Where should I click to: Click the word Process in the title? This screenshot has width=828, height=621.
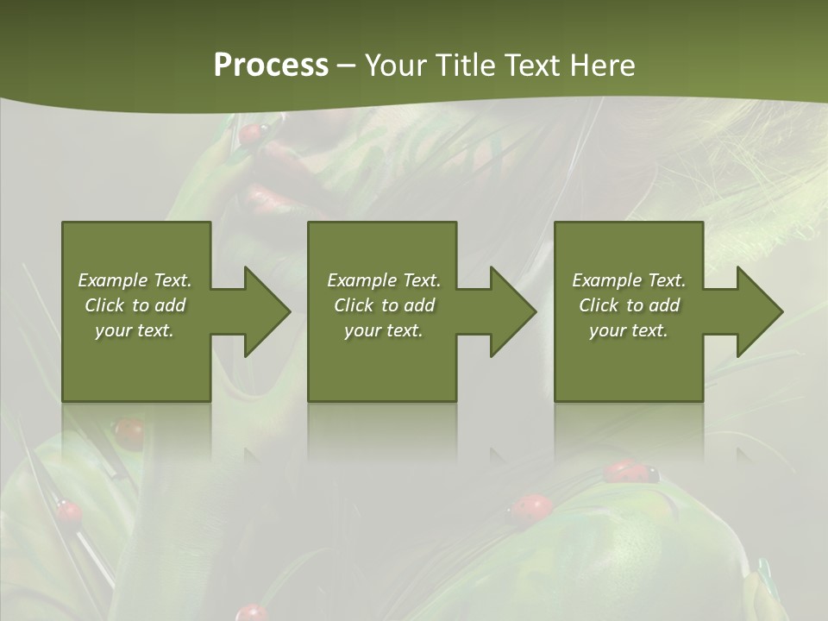[271, 66]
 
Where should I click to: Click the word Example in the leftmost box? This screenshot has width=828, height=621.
[111, 280]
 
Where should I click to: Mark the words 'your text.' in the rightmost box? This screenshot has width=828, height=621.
[628, 330]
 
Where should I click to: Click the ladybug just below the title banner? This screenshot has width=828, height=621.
[252, 133]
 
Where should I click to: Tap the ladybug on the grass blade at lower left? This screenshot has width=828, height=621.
[69, 511]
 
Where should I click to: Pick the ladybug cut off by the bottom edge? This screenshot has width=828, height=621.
[252, 613]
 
